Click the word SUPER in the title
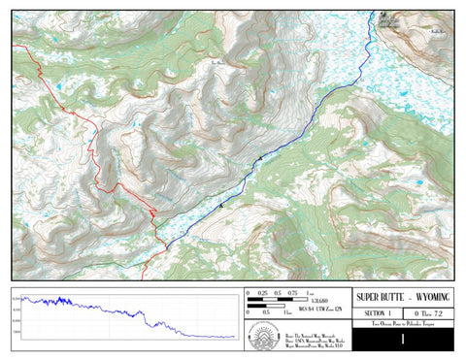[369, 297]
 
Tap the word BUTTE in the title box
[395, 297]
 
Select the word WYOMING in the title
[435, 297]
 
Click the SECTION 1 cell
[378, 314]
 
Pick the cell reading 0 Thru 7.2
[428, 314]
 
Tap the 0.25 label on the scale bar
[263, 292]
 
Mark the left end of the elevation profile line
[23, 298]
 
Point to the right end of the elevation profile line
[235, 337]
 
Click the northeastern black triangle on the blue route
[260, 157]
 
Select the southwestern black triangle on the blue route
[221, 205]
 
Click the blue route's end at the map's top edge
[375, 13]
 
